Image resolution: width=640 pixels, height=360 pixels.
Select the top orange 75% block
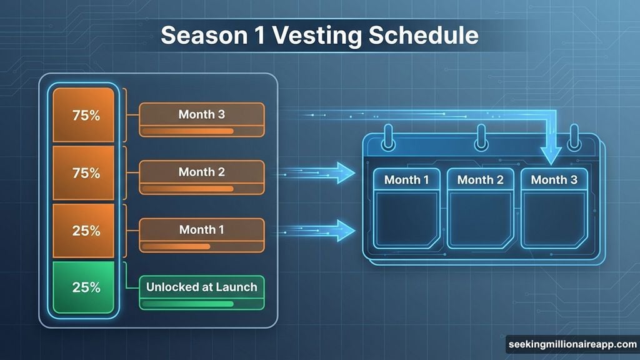84,116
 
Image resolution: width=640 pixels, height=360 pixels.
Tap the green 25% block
84,287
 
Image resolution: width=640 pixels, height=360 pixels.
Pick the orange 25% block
84,230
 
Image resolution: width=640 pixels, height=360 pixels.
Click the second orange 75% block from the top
84,173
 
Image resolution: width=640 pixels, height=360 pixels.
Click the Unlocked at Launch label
202,287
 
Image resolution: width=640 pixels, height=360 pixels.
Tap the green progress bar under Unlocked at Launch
187,304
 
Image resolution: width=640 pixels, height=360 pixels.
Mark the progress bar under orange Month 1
176,247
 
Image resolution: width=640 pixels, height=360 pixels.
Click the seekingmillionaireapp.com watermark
571,345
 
